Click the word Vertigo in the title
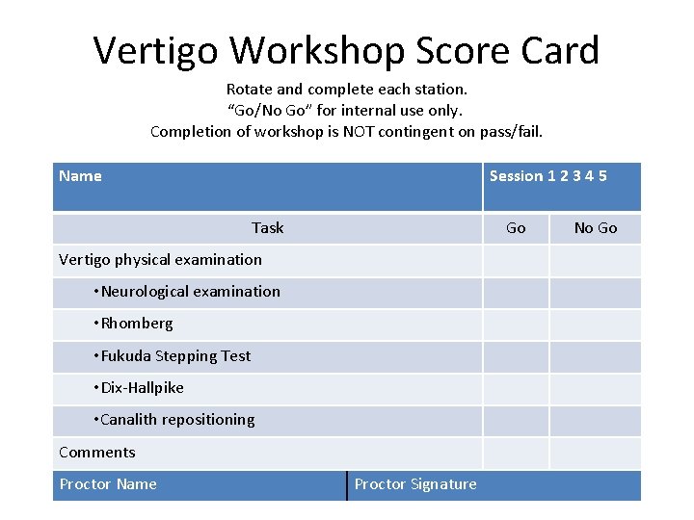point(155,51)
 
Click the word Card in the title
point(559,51)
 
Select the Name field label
point(80,175)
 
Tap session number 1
point(551,175)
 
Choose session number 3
point(576,175)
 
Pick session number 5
point(601,175)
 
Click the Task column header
point(267,228)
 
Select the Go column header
point(516,228)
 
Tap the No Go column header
point(595,228)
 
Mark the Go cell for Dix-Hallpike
point(516,389)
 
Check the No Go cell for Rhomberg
point(595,325)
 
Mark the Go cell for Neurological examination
point(516,293)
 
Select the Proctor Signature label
point(415,484)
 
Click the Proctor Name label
point(108,484)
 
